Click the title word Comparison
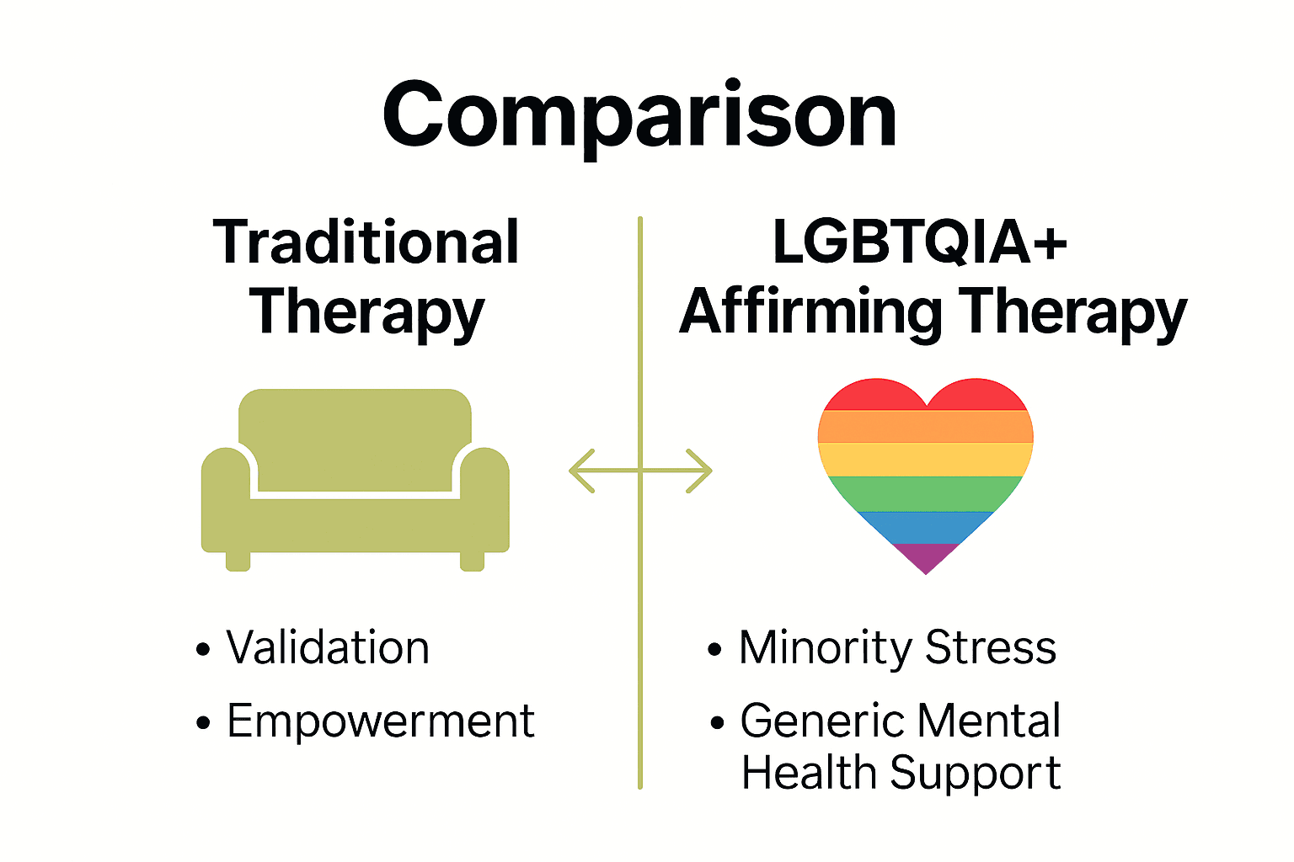pyautogui.click(x=639, y=115)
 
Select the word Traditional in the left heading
pyautogui.click(x=366, y=243)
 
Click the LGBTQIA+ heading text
pyautogui.click(x=919, y=243)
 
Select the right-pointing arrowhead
pyautogui.click(x=701, y=471)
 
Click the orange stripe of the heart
pyautogui.click(x=925, y=427)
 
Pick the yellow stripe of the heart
pyautogui.click(x=925, y=459)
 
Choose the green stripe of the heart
pyautogui.click(x=925, y=493)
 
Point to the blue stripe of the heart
pyautogui.click(x=925, y=527)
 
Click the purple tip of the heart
pyautogui.click(x=925, y=557)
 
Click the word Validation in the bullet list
pyautogui.click(x=328, y=648)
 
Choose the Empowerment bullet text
pyautogui.click(x=381, y=721)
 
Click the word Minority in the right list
pyautogui.click(x=826, y=648)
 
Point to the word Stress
pyautogui.click(x=991, y=648)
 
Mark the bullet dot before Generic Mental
pyautogui.click(x=717, y=722)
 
